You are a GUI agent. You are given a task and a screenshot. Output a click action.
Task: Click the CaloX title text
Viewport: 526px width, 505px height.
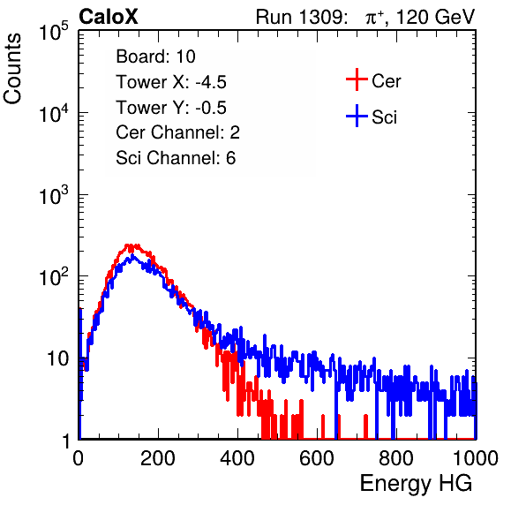pos(109,17)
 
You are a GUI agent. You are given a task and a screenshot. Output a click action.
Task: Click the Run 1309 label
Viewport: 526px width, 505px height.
pos(301,17)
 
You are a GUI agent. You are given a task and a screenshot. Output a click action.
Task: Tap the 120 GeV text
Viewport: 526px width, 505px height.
pos(435,17)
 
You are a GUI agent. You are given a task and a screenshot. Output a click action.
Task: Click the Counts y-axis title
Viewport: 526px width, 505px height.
pos(12,69)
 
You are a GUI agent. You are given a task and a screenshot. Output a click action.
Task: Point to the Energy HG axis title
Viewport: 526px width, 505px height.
pos(416,484)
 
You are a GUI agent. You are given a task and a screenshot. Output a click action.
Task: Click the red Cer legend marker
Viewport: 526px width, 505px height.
pos(357,79)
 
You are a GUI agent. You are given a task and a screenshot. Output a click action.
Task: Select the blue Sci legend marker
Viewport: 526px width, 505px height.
pos(357,117)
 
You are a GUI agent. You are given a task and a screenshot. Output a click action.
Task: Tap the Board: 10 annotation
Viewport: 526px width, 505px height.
pos(155,57)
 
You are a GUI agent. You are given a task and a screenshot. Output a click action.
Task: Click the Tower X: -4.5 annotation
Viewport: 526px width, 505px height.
pos(171,82)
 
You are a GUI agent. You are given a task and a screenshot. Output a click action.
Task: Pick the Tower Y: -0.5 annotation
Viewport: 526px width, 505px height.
pos(171,108)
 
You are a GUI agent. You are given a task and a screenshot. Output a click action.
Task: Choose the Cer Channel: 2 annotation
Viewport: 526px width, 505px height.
pos(177,132)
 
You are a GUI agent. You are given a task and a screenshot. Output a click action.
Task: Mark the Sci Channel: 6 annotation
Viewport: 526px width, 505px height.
pos(176,158)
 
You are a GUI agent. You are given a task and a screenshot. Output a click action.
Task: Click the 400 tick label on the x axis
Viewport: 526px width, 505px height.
pos(237,458)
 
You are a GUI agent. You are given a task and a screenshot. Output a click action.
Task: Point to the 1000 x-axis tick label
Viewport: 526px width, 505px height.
pos(476,458)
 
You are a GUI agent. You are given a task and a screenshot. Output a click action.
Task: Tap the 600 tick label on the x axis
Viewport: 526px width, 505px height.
pos(317,458)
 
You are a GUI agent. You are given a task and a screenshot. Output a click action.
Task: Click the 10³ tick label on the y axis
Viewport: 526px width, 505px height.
pos(54,194)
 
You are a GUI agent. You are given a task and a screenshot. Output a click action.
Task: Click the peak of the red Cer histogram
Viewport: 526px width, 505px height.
pos(128,245)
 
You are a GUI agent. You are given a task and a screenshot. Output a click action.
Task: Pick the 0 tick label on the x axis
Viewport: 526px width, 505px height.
pos(79,458)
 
